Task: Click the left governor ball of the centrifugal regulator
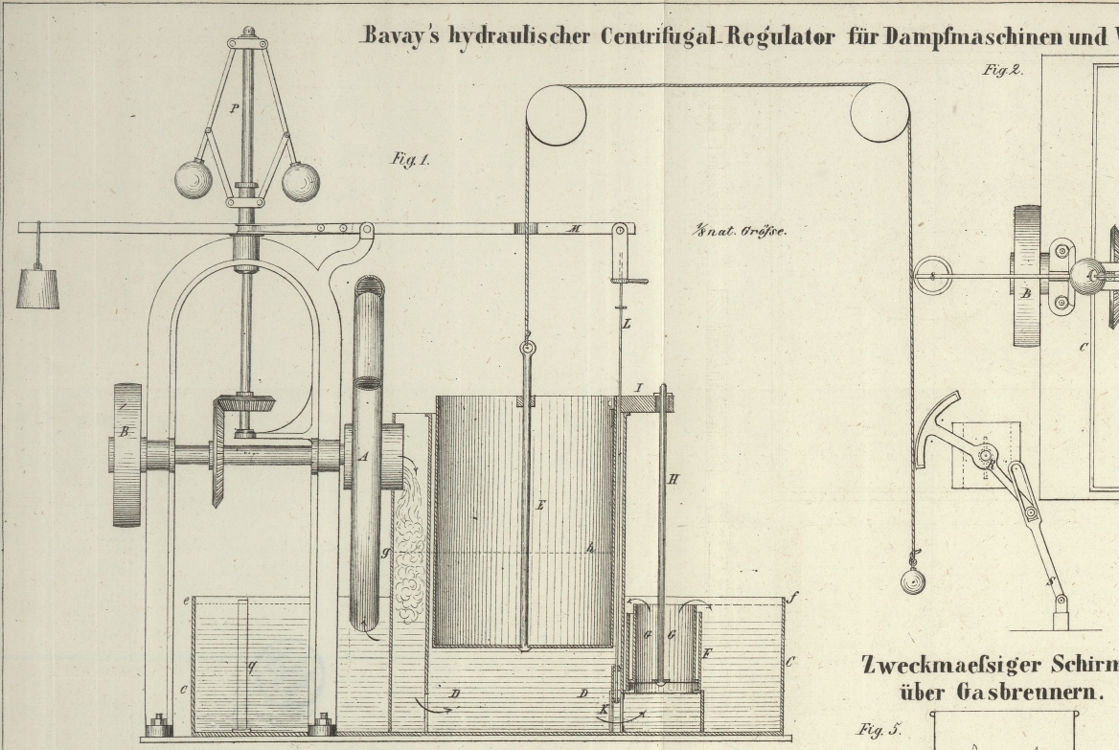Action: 194,179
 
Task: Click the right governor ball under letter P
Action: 300,181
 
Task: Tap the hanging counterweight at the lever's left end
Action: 37,288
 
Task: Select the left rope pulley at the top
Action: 556,115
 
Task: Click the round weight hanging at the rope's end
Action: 913,580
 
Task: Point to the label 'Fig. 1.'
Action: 409,160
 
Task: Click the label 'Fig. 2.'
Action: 1003,69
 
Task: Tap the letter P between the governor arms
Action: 234,109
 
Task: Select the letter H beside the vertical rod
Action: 673,478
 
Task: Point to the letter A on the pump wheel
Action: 363,458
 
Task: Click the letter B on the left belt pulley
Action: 124,433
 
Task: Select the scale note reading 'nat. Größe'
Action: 743,230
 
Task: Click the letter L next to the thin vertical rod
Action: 627,325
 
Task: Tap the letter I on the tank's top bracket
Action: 639,387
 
